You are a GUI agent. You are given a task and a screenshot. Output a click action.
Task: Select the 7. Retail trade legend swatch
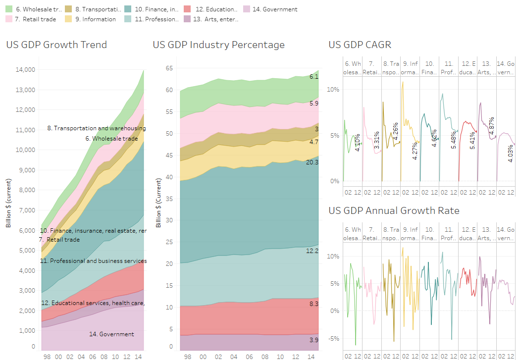[9, 19]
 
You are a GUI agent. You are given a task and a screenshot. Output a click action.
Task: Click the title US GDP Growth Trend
[56, 45]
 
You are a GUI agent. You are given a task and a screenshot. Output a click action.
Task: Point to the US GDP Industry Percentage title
[219, 45]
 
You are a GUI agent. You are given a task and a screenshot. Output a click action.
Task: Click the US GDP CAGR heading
[360, 45]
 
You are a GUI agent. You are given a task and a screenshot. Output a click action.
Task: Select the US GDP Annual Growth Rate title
[394, 211]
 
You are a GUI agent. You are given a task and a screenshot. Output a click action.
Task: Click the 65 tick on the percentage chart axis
[168, 68]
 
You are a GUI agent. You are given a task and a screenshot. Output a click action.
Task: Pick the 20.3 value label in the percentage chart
[312, 162]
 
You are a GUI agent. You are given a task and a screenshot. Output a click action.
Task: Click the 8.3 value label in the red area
[313, 304]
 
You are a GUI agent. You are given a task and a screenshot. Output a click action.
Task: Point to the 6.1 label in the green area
[313, 77]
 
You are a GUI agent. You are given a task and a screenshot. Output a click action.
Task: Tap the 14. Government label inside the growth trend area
[111, 334]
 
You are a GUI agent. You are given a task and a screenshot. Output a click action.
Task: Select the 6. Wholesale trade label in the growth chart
[111, 139]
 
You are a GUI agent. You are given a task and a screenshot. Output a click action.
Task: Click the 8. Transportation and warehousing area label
[97, 128]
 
